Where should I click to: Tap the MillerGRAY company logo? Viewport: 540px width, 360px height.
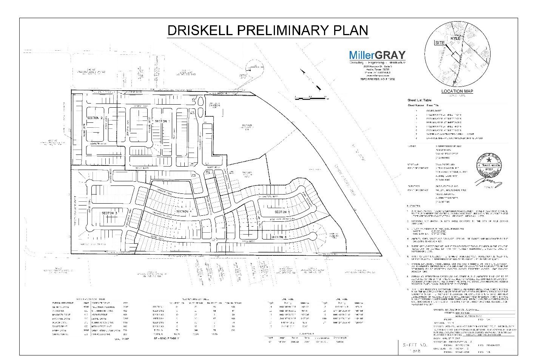(x=376, y=55)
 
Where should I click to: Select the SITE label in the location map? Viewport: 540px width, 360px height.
(x=440, y=43)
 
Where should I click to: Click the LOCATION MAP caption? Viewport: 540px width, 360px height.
(x=457, y=91)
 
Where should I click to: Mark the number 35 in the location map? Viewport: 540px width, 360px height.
(x=455, y=82)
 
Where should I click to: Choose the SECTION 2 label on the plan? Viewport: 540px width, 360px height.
(x=95, y=118)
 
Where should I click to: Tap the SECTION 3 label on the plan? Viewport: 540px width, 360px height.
(x=110, y=213)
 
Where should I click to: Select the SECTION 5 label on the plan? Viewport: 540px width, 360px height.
(x=282, y=212)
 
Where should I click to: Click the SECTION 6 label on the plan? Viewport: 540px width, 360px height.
(x=279, y=237)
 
